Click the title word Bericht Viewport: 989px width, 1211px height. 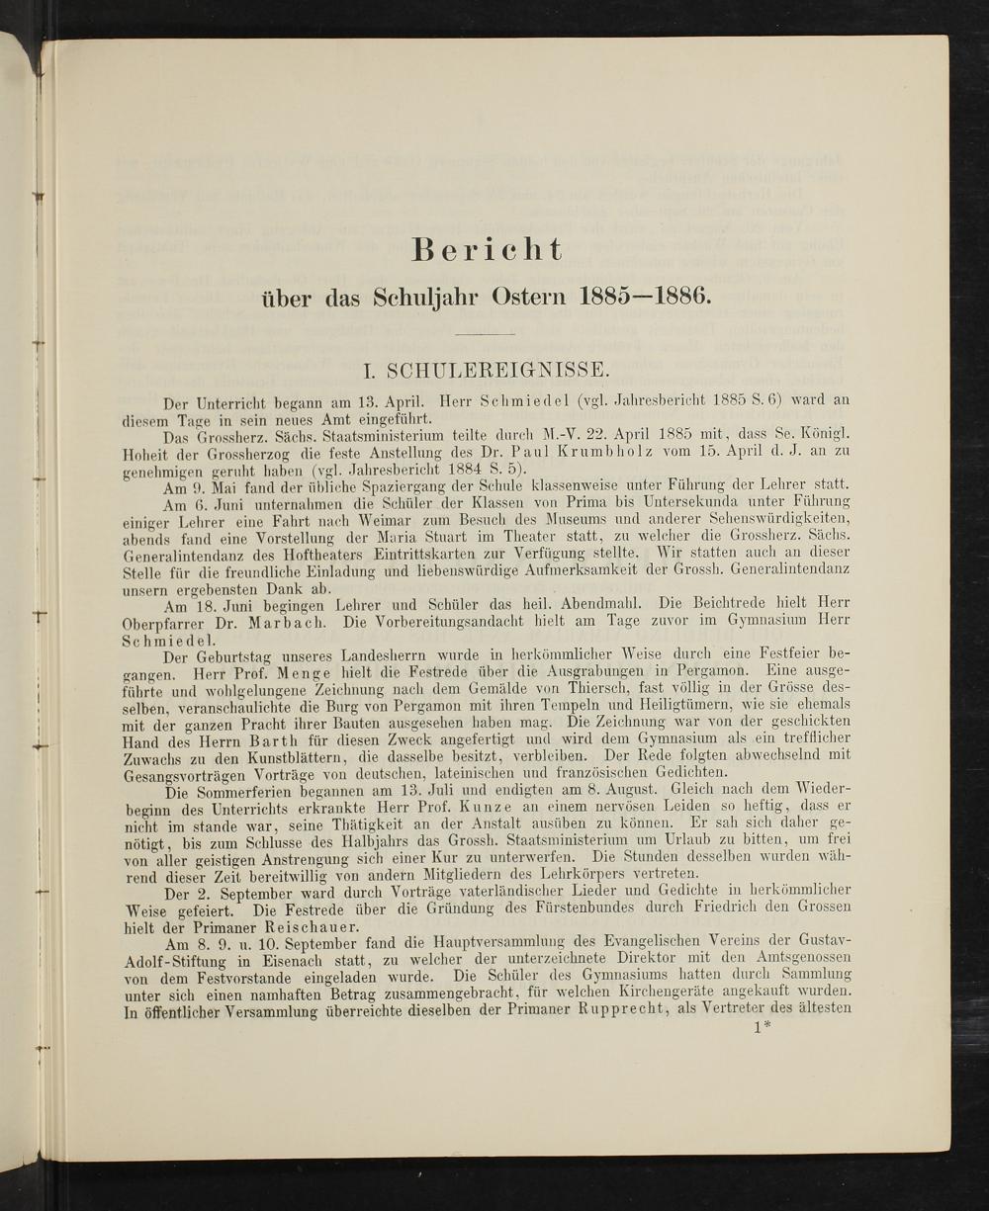coord(488,250)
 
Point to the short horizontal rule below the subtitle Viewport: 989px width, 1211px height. coord(485,335)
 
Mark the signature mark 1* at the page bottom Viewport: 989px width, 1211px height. coord(762,1028)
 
